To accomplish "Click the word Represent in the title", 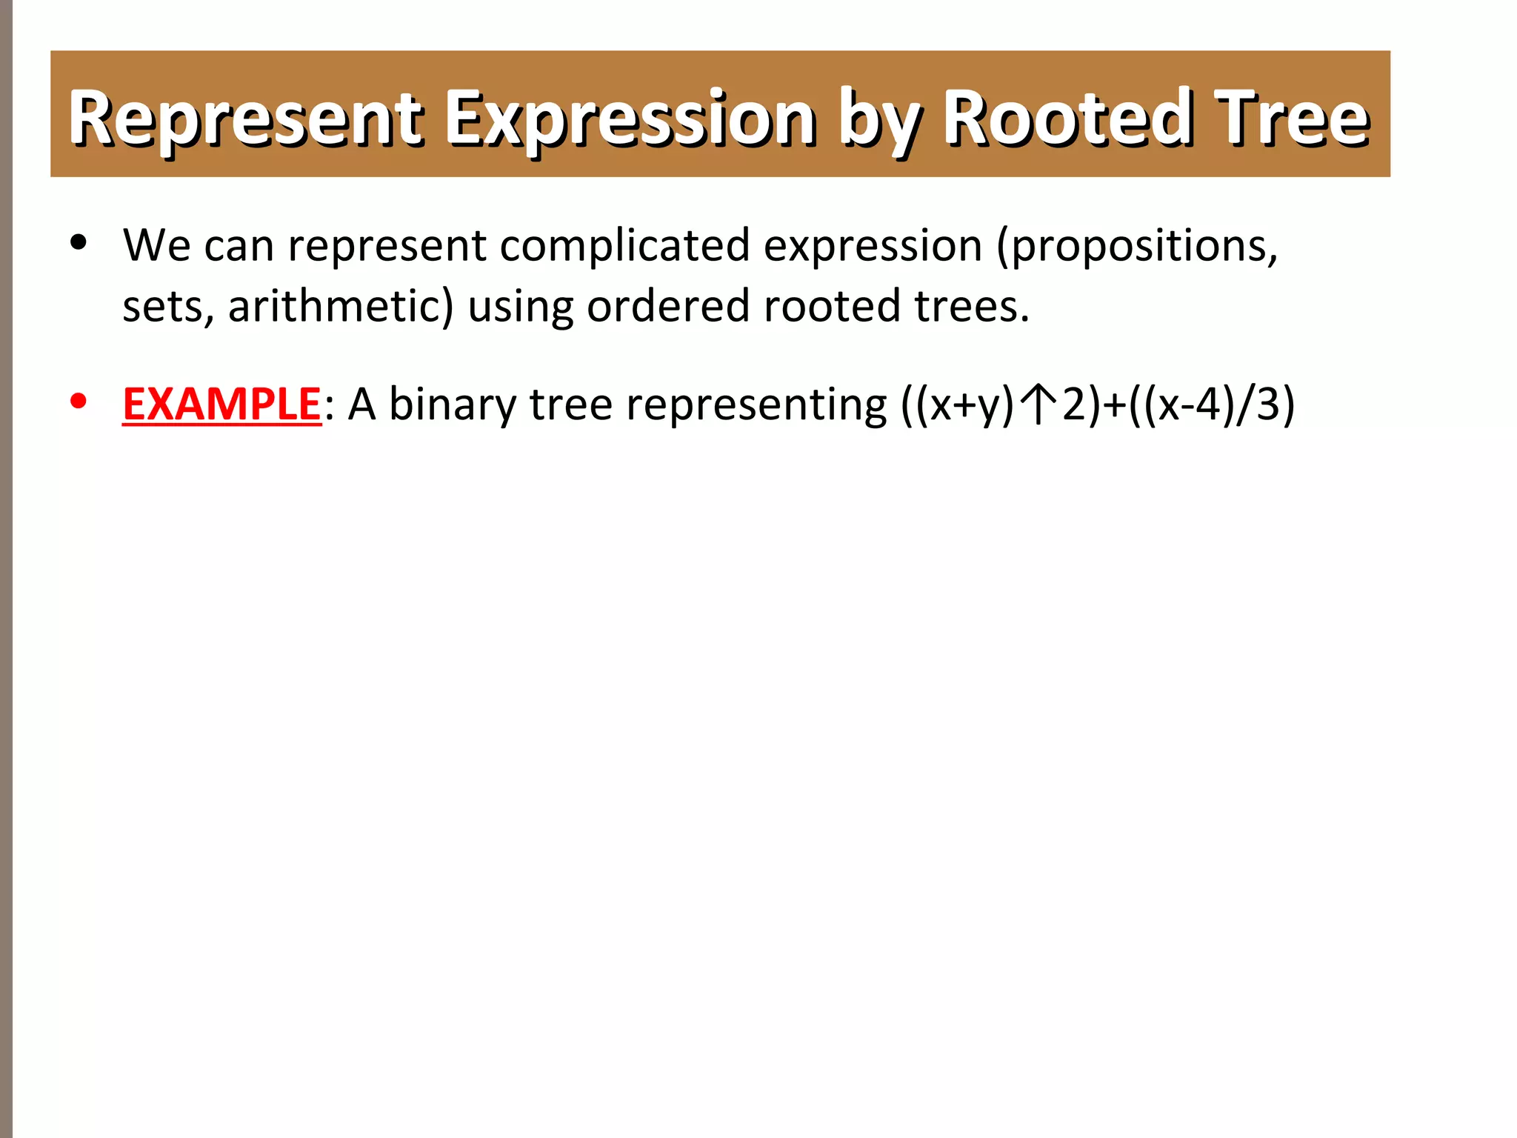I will pyautogui.click(x=245, y=119).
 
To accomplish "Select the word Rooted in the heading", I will pyautogui.click(x=1067, y=119).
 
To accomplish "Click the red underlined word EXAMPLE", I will pyautogui.click(x=221, y=405).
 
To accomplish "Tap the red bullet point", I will pyautogui.click(x=78, y=401).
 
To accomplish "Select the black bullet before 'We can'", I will pyautogui.click(x=78, y=242).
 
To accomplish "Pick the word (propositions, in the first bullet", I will pyautogui.click(x=1137, y=247).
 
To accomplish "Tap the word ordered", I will pyautogui.click(x=668, y=306).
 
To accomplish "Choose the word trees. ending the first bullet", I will pyautogui.click(x=971, y=306).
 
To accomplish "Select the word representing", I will pyautogui.click(x=756, y=406).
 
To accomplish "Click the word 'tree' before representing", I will pyautogui.click(x=570, y=406).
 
